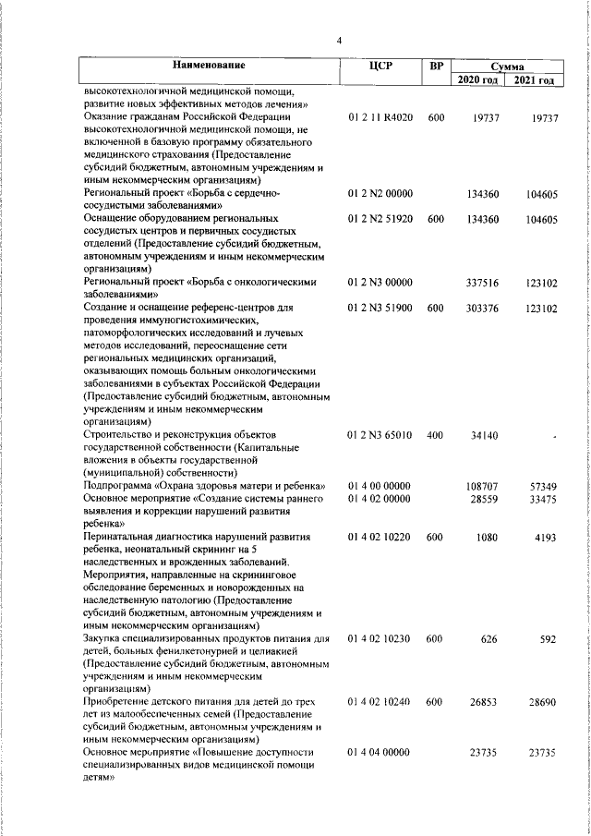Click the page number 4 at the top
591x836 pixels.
pyautogui.click(x=339, y=40)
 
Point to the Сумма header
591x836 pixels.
pyautogui.click(x=507, y=67)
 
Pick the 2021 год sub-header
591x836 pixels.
pyautogui.click(x=536, y=80)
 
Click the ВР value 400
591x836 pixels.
pyautogui.click(x=436, y=433)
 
